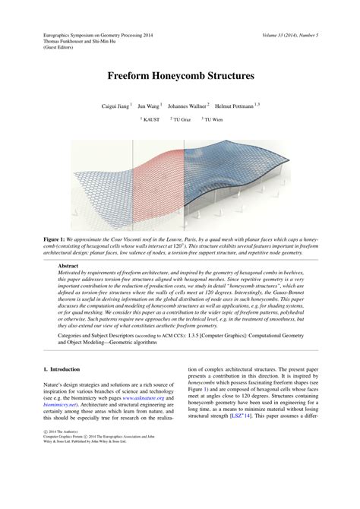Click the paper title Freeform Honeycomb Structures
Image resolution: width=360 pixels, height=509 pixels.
180,77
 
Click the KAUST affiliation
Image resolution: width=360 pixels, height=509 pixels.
152,119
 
